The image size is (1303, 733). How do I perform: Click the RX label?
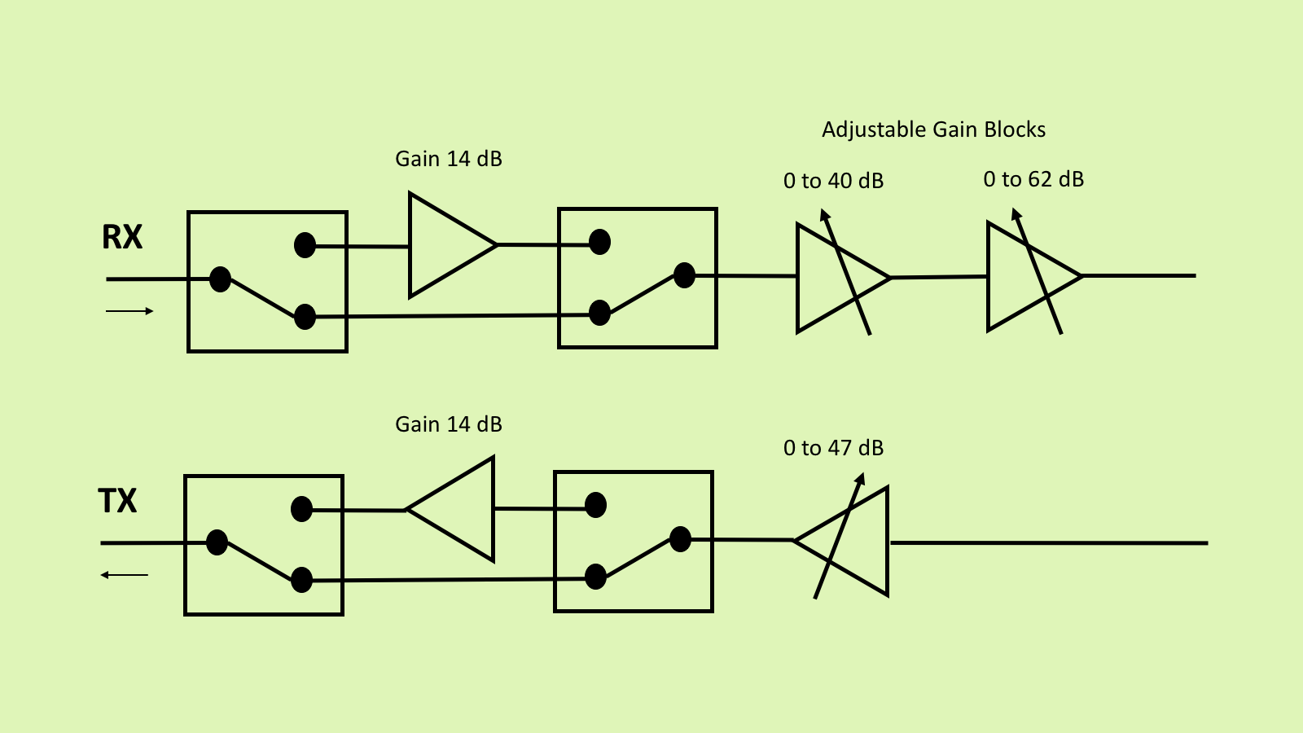(122, 237)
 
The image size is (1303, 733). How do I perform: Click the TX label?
(118, 501)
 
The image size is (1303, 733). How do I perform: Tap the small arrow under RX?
(129, 311)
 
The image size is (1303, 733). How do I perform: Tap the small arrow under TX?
(124, 575)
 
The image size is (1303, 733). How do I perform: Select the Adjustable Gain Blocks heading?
(933, 129)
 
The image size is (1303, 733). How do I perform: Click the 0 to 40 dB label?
(833, 181)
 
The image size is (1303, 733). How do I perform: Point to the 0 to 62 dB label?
(1033, 179)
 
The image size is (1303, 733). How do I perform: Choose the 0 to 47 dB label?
(833, 448)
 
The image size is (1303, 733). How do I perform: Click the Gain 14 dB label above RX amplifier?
(449, 159)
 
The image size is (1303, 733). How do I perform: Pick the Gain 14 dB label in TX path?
(449, 424)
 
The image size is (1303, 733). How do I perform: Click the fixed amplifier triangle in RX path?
(444, 244)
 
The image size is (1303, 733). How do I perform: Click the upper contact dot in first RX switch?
(305, 245)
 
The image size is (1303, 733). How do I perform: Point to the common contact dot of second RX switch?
(684, 275)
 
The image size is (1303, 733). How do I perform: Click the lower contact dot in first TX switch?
(301, 580)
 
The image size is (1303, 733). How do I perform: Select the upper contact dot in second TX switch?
(595, 505)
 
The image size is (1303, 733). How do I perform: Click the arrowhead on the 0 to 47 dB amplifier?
(860, 478)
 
